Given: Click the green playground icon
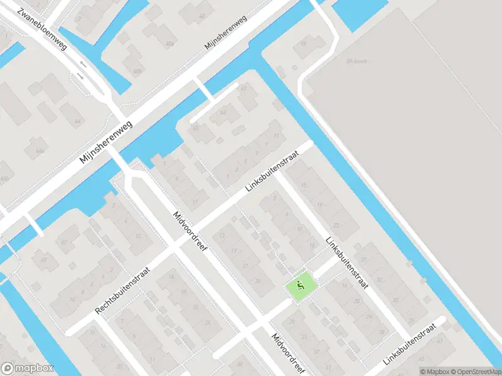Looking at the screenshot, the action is click(300, 288).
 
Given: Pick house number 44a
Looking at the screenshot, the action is click(40, 151).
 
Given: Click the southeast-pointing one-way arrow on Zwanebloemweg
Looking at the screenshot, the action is click(82, 76).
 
